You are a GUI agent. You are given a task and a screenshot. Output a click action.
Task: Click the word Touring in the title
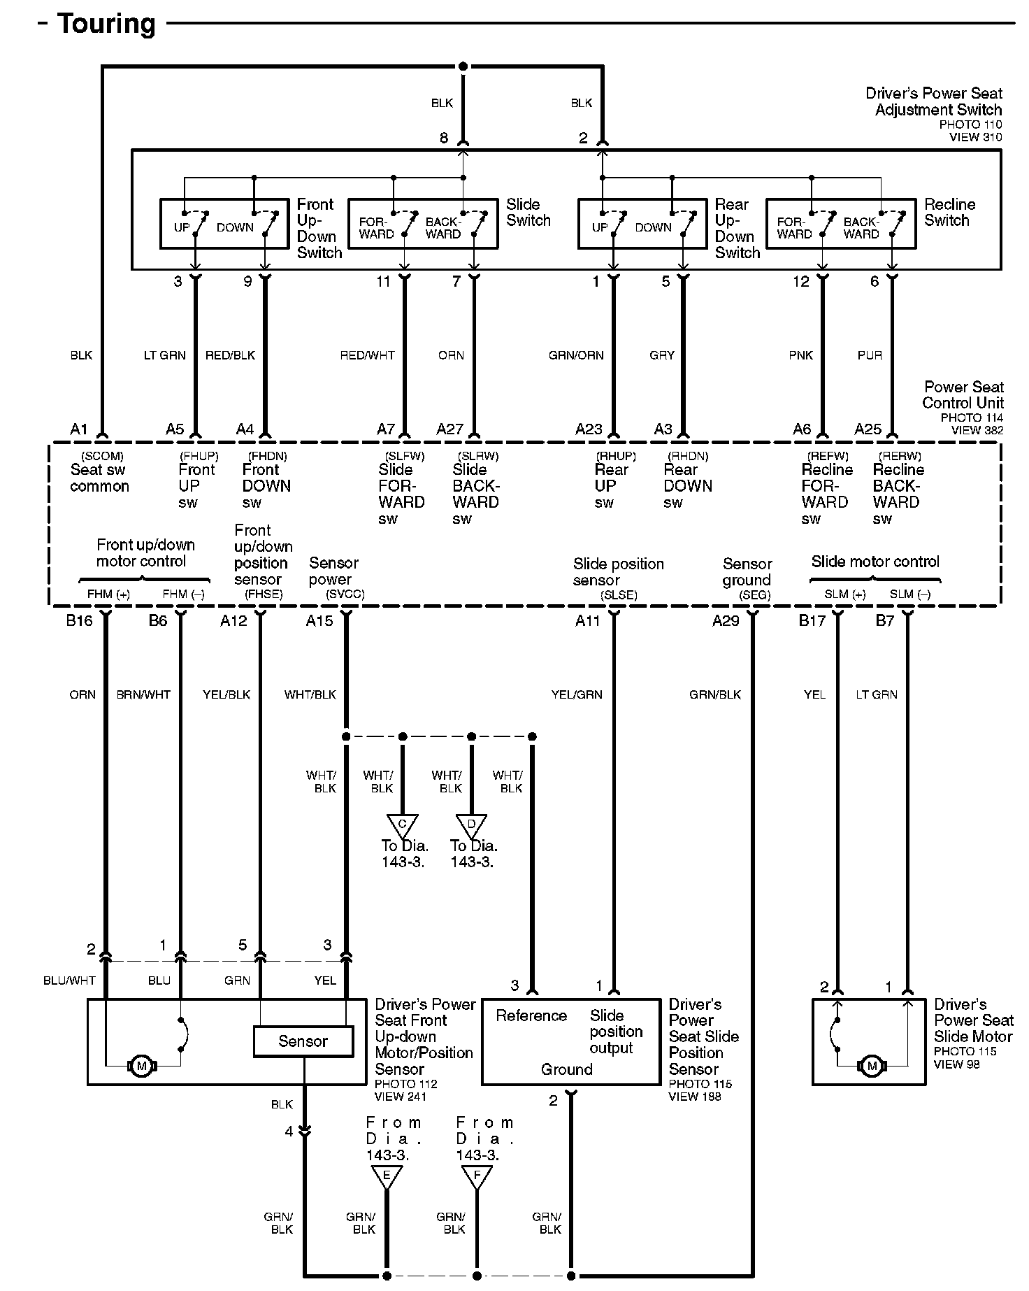click(x=106, y=24)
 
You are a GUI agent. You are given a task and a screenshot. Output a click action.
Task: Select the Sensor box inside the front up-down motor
click(x=303, y=1041)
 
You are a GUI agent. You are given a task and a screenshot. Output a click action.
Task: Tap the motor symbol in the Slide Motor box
click(x=871, y=1067)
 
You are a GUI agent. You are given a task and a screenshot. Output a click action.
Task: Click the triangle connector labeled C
click(x=402, y=825)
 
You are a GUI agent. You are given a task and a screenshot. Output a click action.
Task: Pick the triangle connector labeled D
click(x=471, y=825)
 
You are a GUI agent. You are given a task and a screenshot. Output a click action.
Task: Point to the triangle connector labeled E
click(x=387, y=1176)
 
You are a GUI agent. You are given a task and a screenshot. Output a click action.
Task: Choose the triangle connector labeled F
click(x=477, y=1176)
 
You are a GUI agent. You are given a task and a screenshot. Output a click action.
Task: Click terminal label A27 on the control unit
click(x=449, y=429)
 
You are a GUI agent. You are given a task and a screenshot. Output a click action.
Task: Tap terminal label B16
click(x=79, y=621)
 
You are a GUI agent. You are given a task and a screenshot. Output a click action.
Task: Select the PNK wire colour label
click(x=800, y=355)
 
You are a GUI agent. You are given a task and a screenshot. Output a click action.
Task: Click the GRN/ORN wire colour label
click(x=575, y=355)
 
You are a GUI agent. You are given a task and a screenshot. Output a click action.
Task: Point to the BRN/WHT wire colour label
click(x=143, y=694)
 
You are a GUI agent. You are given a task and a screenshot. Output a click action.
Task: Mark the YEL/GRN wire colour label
click(x=576, y=694)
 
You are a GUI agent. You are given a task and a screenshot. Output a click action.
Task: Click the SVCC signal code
click(x=345, y=594)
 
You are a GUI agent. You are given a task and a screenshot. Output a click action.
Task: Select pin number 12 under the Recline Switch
click(x=800, y=282)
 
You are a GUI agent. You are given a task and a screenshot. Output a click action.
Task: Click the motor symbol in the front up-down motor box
click(x=142, y=1067)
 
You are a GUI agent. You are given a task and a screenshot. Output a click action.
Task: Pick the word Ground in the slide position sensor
click(x=566, y=1069)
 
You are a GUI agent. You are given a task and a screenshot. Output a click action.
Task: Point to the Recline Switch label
click(x=949, y=212)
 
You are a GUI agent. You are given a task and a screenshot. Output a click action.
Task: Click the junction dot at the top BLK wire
click(x=463, y=66)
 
